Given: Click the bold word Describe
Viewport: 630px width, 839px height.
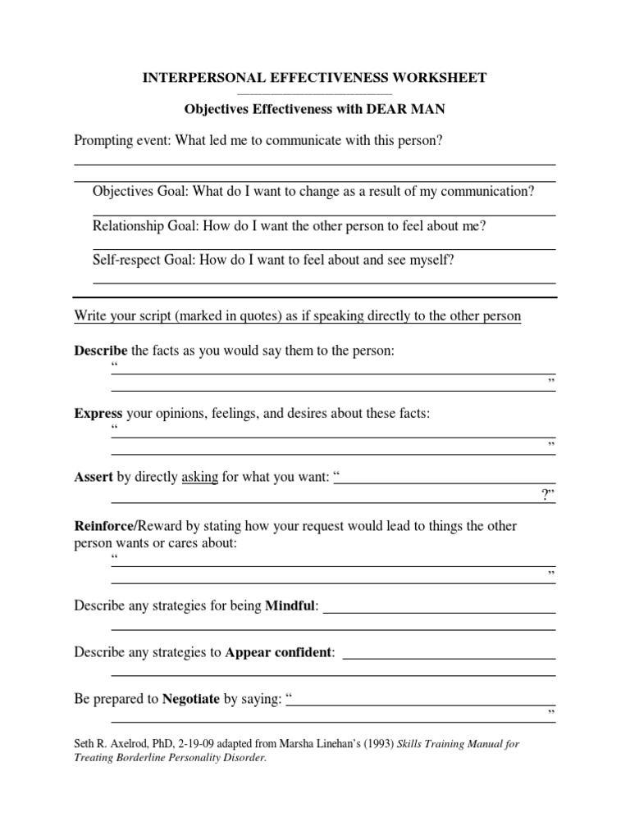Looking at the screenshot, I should [101, 351].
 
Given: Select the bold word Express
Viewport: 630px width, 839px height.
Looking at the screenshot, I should [98, 414].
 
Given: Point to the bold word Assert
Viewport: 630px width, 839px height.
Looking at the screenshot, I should [94, 477].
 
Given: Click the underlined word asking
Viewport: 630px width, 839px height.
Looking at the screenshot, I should [199, 477].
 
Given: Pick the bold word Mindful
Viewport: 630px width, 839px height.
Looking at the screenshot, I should [290, 606].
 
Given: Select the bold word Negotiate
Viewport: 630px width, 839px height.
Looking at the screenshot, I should [191, 700].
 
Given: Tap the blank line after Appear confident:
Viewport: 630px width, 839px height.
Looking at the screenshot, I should [450, 658].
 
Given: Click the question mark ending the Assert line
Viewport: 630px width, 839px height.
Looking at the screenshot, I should [546, 494].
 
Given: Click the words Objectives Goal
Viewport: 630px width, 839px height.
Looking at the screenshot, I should [140, 192].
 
